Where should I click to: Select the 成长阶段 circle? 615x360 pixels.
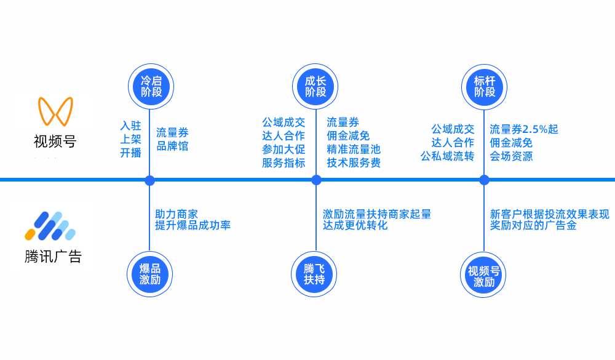coord(315,86)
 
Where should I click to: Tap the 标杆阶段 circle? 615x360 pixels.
coord(485,86)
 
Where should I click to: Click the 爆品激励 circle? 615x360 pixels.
coord(149,274)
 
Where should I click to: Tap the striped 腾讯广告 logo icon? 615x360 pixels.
coord(50,226)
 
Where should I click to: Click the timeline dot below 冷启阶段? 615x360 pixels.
coord(149,180)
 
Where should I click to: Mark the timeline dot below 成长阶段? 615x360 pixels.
coord(316,180)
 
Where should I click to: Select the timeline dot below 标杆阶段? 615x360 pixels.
coord(484,180)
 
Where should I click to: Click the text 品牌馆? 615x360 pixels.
coord(172,146)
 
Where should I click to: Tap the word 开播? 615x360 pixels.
coord(130,153)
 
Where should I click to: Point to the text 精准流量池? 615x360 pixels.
coord(354,149)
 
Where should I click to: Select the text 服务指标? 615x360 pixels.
coord(284,162)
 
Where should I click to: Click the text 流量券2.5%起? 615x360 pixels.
coord(524,129)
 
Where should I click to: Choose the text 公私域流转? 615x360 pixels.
coord(447,156)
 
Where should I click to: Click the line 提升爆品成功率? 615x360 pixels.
coord(192,225)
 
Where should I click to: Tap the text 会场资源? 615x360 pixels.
coord(511,156)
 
